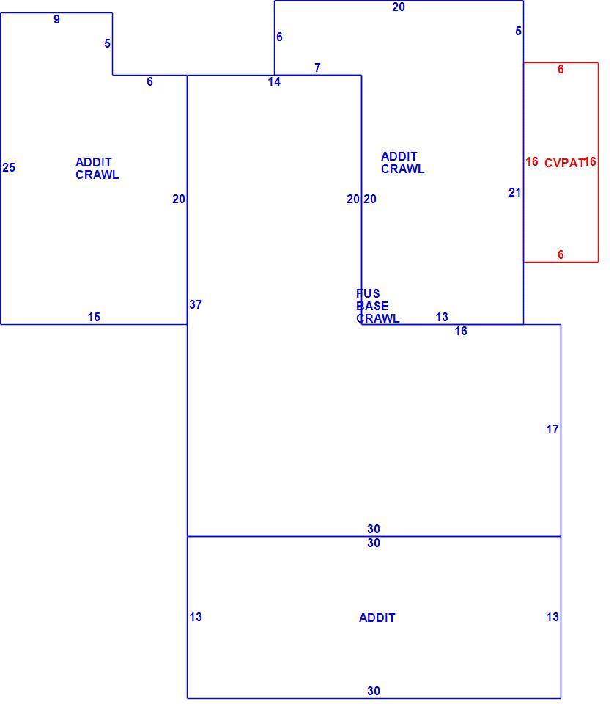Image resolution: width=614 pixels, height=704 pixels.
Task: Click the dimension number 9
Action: point(56,19)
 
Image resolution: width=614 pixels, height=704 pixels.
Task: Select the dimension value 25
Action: point(9,167)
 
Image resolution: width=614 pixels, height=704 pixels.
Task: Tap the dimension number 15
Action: point(94,317)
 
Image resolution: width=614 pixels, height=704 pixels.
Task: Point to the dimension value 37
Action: point(196,304)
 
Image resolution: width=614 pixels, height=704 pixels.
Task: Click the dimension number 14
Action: point(274,81)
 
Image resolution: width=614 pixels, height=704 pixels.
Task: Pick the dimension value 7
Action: point(317,67)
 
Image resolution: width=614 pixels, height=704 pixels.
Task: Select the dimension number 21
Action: point(515,192)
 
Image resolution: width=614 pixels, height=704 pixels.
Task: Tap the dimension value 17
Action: point(552,429)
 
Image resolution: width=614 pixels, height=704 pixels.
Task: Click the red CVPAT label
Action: point(564,163)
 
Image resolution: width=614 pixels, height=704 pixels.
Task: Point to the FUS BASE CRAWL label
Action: point(377,306)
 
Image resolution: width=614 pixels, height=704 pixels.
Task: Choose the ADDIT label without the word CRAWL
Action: point(377,617)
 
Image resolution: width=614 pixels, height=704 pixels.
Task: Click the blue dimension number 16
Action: point(461,331)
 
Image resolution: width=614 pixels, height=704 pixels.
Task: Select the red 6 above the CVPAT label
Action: point(561,69)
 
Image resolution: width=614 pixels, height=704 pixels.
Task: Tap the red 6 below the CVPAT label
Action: point(561,254)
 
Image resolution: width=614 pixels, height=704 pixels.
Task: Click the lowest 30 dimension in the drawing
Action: point(374,691)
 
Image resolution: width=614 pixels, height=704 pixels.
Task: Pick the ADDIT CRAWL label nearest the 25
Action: point(97,169)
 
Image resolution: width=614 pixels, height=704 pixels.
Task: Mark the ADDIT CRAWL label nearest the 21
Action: point(403,163)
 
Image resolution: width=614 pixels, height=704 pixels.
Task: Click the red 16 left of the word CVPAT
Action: point(532,161)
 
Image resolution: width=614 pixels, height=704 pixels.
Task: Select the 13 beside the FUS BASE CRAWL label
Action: point(442,317)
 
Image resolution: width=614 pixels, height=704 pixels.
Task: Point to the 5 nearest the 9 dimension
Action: point(107,43)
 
